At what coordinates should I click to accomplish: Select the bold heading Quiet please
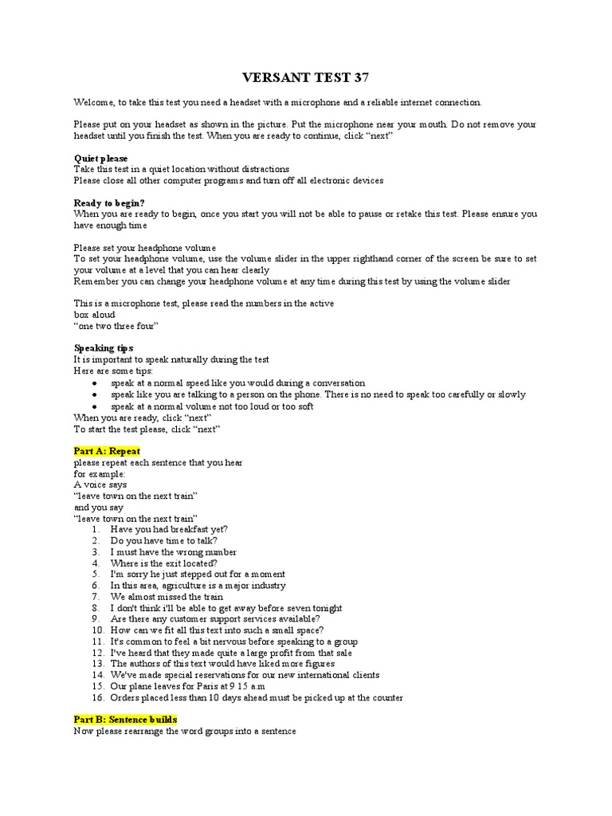tap(100, 158)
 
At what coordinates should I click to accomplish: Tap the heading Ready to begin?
tap(109, 202)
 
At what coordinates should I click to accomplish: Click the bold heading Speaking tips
tap(104, 348)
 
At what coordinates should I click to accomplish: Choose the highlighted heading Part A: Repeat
tap(107, 451)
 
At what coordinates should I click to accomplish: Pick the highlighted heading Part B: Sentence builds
tap(125, 720)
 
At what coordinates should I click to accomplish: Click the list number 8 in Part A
tap(95, 607)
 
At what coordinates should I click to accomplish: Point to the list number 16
tap(97, 697)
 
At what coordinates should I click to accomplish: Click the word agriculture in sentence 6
tap(182, 585)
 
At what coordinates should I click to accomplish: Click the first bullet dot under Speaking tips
tap(95, 383)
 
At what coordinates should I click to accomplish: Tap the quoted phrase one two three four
tap(116, 326)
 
